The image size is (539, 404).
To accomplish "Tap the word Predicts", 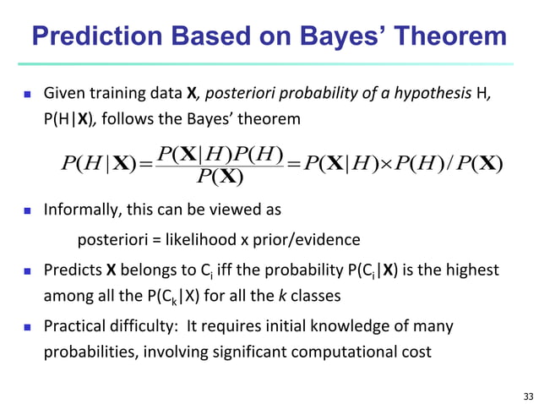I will click(72, 270).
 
